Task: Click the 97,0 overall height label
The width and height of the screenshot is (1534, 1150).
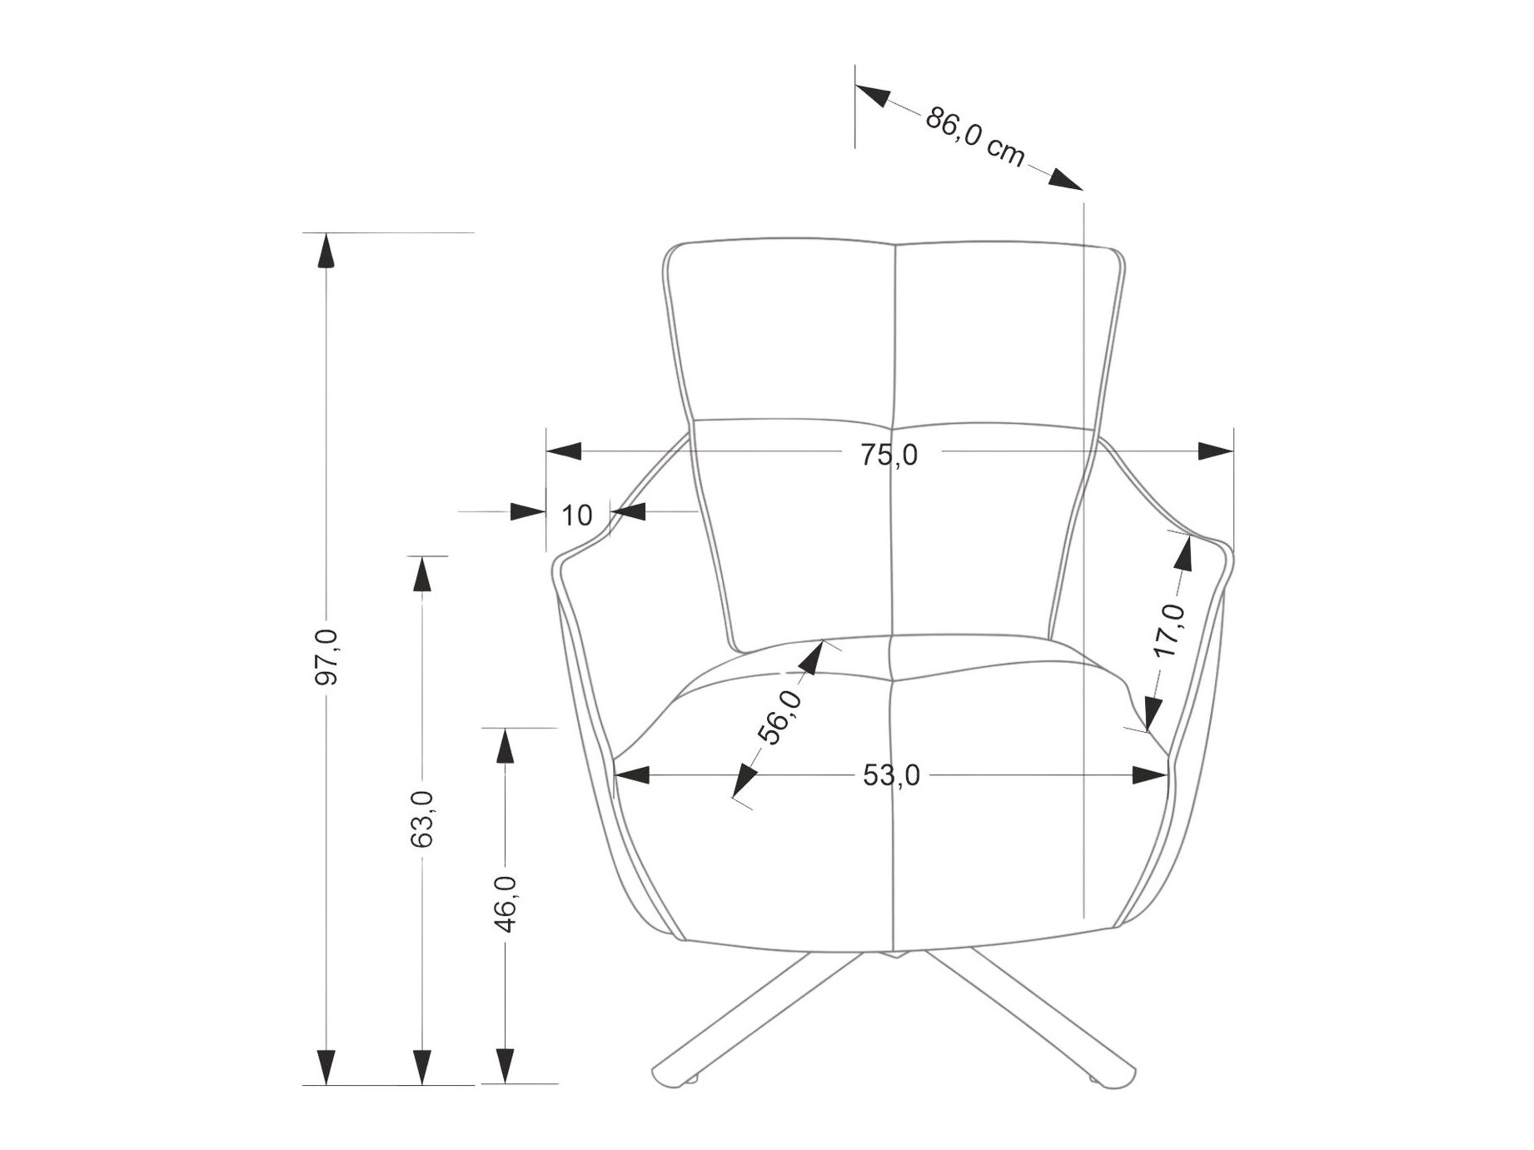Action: (x=326, y=658)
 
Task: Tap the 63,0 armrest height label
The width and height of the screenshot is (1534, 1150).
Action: (x=422, y=819)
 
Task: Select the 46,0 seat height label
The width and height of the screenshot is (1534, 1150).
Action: (x=505, y=904)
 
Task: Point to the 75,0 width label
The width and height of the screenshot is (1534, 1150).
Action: (x=889, y=455)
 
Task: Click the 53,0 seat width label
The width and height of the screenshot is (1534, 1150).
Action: (x=891, y=776)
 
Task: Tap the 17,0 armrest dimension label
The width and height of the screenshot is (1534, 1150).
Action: (x=1170, y=630)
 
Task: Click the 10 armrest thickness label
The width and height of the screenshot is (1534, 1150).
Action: (x=576, y=515)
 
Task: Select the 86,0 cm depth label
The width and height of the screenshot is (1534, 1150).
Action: (x=974, y=137)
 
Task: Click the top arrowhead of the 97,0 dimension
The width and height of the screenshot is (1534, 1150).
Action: (x=326, y=250)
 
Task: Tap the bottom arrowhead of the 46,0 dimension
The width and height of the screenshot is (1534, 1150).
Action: (x=505, y=1066)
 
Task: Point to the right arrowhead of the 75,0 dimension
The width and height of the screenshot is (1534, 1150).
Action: (x=1215, y=451)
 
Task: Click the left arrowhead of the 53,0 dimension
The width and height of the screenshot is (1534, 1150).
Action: (x=632, y=775)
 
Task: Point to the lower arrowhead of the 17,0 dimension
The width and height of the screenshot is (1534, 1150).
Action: (x=1153, y=714)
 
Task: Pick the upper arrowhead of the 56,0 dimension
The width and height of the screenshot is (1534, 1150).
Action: (x=811, y=656)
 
